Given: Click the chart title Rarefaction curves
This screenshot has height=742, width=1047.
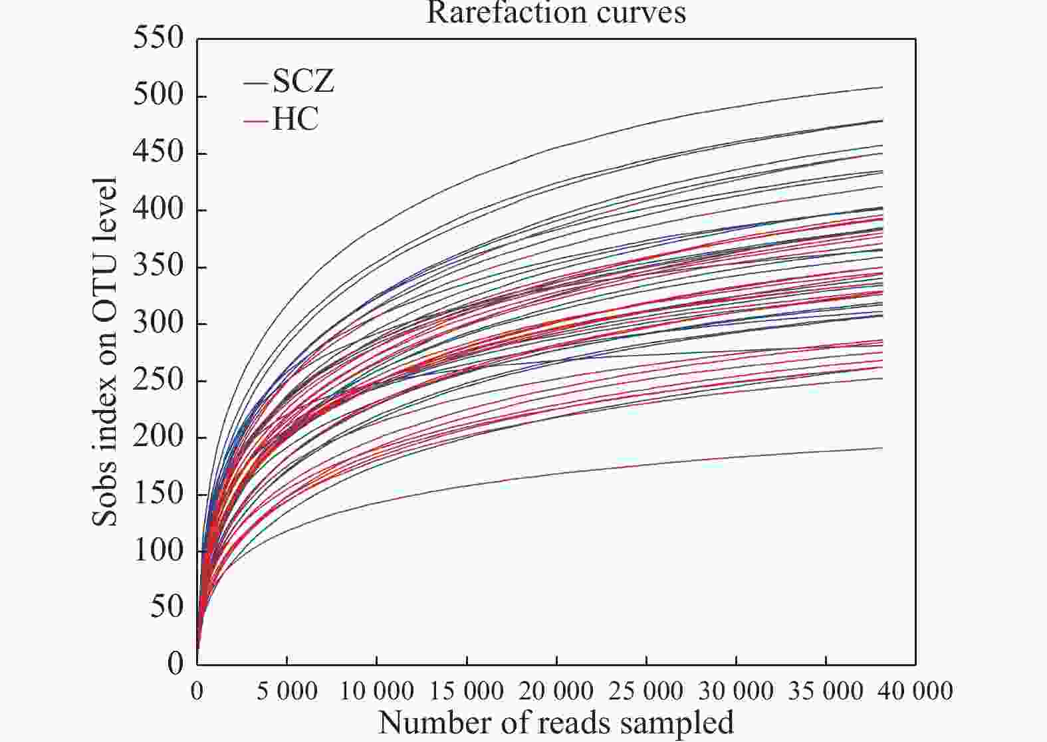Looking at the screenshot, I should pos(556,12).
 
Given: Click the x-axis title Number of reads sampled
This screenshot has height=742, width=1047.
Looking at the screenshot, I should pos(556,723).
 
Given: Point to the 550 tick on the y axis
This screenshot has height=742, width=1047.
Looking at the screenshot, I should pos(158,39).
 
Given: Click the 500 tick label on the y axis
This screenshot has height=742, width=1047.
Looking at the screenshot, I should pos(158,96).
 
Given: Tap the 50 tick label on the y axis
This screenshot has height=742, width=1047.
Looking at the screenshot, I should pos(166,607).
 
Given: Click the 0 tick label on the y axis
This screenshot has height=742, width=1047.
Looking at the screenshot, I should pos(175,664).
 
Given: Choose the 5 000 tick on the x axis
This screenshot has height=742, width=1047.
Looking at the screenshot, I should pos(287,691).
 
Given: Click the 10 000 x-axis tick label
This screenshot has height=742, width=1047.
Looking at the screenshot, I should pos(376,691).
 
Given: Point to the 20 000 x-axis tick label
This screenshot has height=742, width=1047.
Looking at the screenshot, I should pos(556,691).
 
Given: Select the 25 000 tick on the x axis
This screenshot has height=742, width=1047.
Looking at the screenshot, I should pos(646,691).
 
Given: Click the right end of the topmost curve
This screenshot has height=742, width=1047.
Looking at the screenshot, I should pos(882,87).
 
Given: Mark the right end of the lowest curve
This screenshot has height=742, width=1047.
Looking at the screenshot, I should pos(882,448).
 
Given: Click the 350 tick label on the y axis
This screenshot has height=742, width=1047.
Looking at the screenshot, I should pos(158,266).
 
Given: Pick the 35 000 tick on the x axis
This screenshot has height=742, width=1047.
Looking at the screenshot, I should pos(826,691).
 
